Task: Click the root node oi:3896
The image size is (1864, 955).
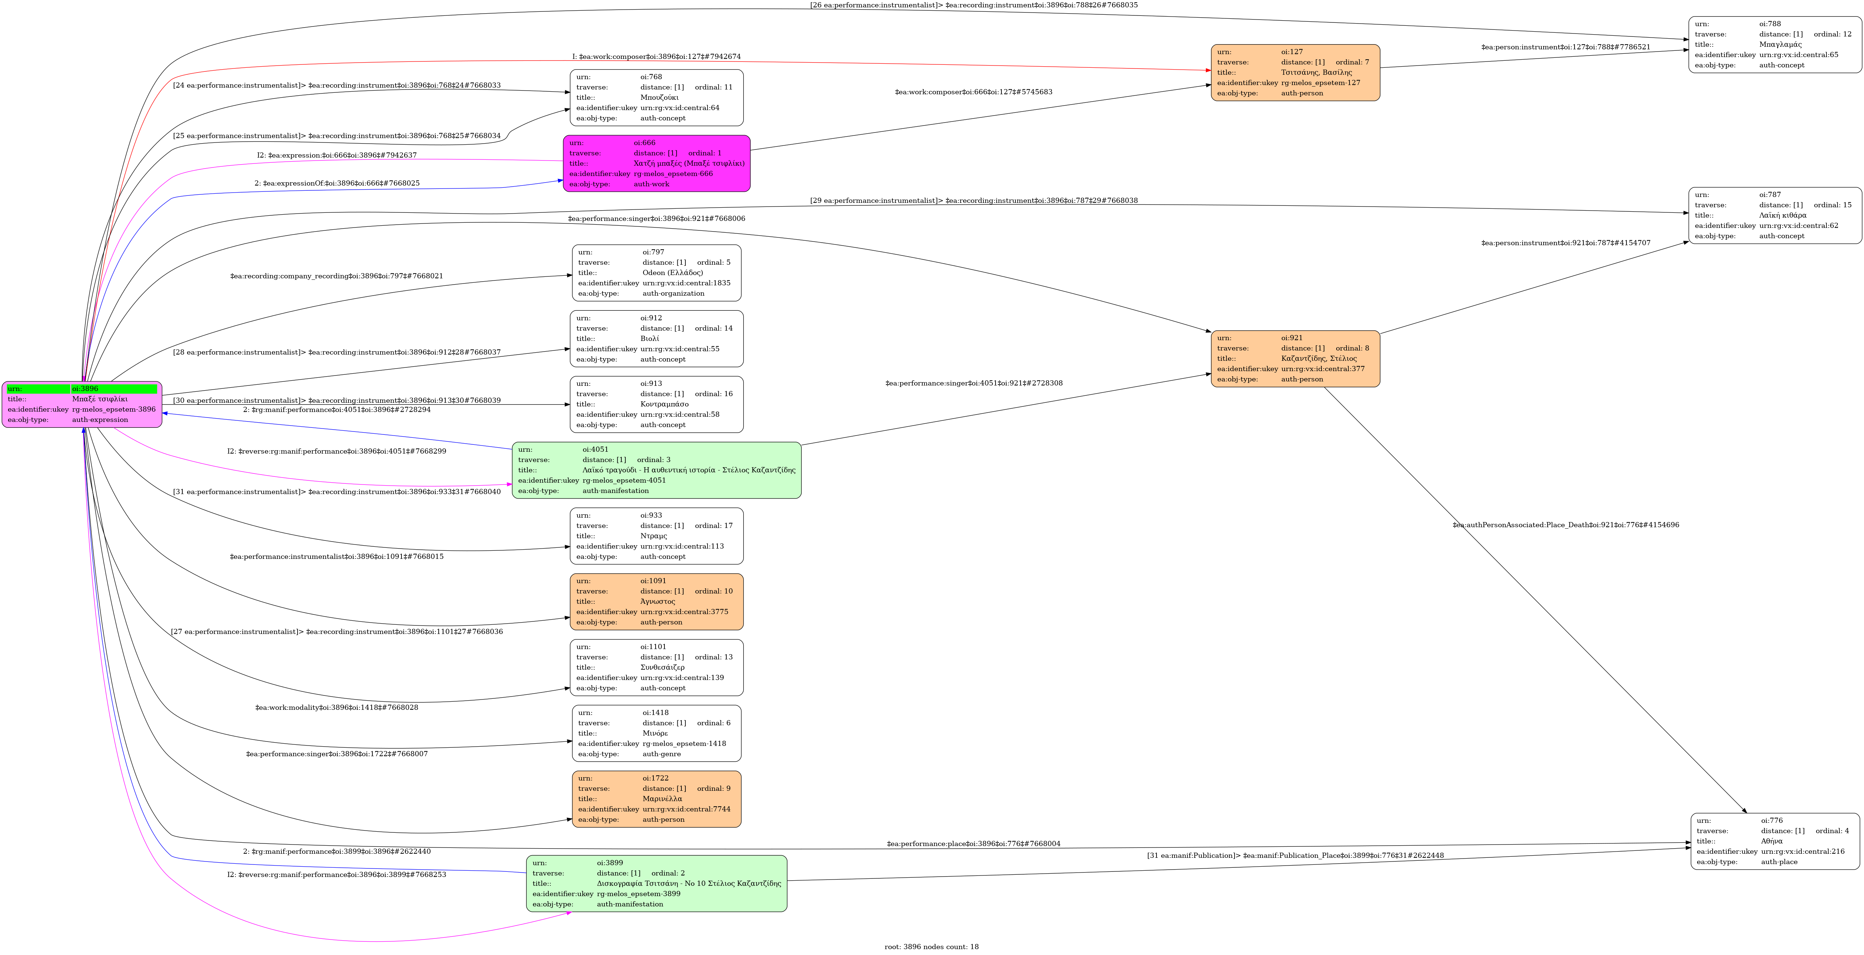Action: coord(82,405)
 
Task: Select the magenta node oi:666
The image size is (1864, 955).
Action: coord(656,163)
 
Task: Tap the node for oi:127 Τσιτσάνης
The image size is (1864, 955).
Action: coord(1295,73)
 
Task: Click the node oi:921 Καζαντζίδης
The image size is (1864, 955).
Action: coord(1295,359)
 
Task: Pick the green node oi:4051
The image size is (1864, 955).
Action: coord(656,470)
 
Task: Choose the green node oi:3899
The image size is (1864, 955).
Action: coord(656,883)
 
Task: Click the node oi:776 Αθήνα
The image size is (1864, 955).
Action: coord(1775,841)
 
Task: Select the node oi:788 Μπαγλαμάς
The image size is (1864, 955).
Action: coord(1775,45)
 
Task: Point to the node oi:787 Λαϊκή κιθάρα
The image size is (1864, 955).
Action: coord(1775,216)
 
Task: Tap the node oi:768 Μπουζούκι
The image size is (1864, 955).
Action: coord(656,98)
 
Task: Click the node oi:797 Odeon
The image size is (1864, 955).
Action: coord(656,273)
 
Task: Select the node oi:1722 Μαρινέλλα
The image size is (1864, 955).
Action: coord(656,799)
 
